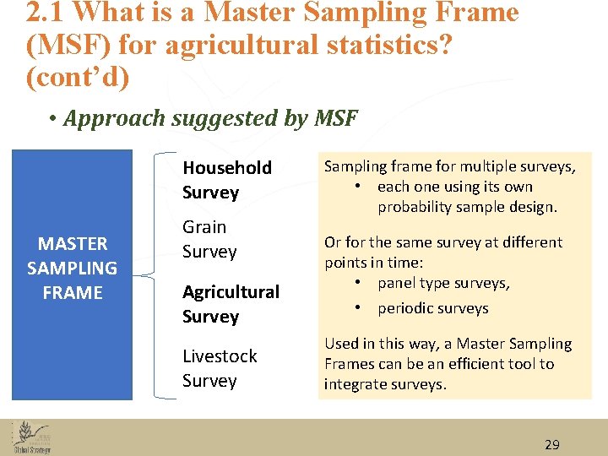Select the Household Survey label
click(226, 180)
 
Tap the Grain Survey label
click(209, 239)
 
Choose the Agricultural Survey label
click(230, 304)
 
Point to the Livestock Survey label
click(220, 368)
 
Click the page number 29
click(551, 445)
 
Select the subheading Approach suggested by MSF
click(210, 118)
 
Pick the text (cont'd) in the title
click(77, 77)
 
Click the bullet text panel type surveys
click(443, 283)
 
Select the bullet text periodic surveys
click(432, 308)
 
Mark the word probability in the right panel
click(420, 207)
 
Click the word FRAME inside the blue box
click(72, 293)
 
